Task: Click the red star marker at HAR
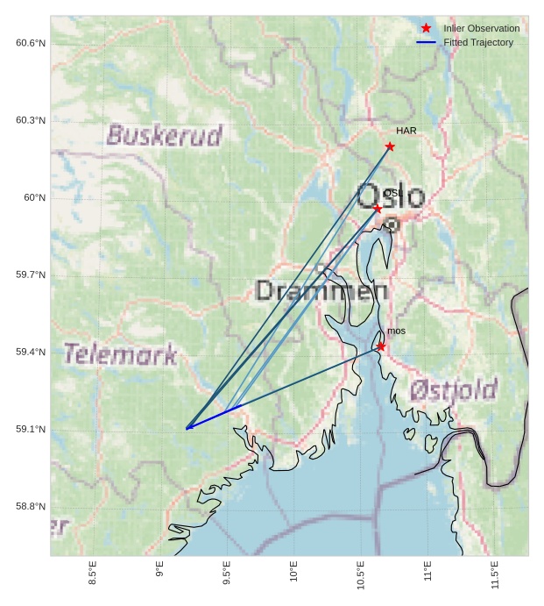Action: [x=390, y=146]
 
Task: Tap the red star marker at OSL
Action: [x=378, y=209]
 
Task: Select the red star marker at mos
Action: [x=381, y=346]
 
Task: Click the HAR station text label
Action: [x=406, y=131]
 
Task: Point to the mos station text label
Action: [x=396, y=331]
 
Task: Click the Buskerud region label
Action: [x=164, y=135]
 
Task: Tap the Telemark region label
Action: [x=120, y=354]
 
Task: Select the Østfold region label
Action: [x=454, y=389]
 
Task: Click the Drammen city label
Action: [x=321, y=291]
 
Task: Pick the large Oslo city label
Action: [x=390, y=196]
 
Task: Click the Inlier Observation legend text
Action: [x=481, y=28]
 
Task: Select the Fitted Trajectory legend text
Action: [x=478, y=42]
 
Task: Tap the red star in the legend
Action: [x=426, y=28]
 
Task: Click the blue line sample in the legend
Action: [x=426, y=42]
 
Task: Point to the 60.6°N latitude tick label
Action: [x=31, y=43]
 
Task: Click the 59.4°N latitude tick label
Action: [x=31, y=352]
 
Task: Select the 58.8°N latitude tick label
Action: [x=31, y=506]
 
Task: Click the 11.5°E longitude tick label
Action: [x=495, y=574]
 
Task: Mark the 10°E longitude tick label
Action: [x=293, y=573]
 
